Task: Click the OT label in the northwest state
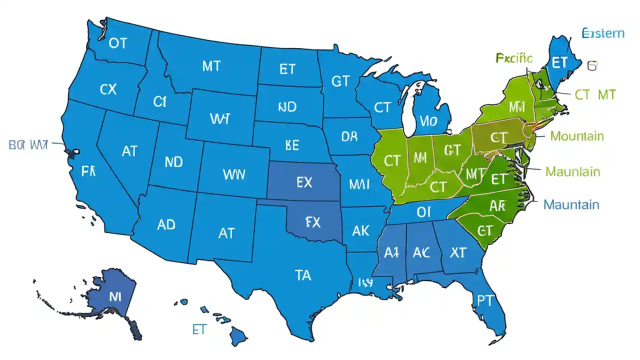[117, 43]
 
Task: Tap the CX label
[108, 89]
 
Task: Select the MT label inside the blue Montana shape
[211, 66]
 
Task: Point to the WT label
[220, 118]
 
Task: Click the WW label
[234, 174]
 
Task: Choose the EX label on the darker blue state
[304, 182]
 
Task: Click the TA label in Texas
[302, 274]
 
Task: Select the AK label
[360, 230]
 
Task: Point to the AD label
[166, 224]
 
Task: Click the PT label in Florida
[484, 300]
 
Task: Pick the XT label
[458, 253]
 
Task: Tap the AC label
[421, 253]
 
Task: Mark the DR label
[349, 136]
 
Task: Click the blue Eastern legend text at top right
[603, 33]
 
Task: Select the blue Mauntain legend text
[571, 204]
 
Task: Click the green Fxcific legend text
[514, 58]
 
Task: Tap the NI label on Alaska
[115, 295]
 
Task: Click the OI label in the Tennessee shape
[423, 212]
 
